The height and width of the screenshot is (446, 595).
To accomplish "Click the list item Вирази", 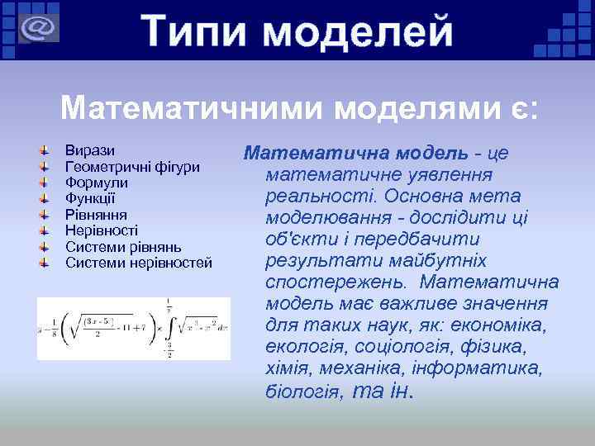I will [90, 152].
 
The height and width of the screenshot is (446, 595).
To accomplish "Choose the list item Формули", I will [96, 183].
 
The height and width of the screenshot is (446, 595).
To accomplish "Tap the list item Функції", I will [90, 199].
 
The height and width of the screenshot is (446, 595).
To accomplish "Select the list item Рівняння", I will [96, 215].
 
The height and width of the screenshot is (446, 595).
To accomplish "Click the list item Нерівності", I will [102, 230].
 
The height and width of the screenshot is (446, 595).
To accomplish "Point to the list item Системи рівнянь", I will [123, 246].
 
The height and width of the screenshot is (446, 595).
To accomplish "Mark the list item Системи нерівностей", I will [139, 263].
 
